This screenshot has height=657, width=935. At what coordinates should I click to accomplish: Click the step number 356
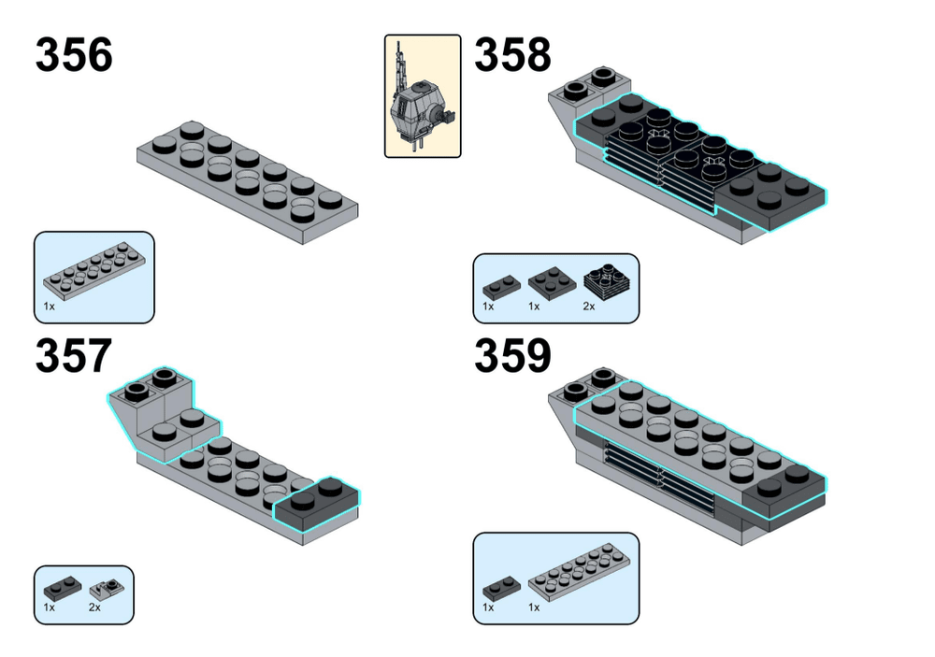pos(74,55)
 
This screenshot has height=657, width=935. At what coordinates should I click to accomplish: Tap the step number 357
pos(74,356)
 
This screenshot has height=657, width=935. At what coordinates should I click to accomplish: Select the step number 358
pos(512,55)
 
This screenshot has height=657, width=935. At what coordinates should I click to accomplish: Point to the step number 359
pos(512,356)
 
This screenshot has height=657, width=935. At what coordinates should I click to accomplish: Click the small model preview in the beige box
pos(422,96)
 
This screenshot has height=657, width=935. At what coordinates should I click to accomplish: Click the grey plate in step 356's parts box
pos(93,272)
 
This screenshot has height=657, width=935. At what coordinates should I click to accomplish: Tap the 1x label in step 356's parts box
pos(49,306)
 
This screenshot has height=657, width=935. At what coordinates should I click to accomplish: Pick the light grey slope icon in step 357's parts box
pos(106,590)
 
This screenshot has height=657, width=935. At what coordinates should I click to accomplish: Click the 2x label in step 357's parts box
pos(94,607)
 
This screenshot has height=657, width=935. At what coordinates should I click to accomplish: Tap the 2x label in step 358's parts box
pos(589,306)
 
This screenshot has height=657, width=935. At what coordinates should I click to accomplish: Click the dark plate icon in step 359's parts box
pos(497,589)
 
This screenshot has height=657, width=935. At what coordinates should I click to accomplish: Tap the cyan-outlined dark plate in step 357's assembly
pos(316,503)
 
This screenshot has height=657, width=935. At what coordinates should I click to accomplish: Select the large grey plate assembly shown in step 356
pos(248,179)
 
